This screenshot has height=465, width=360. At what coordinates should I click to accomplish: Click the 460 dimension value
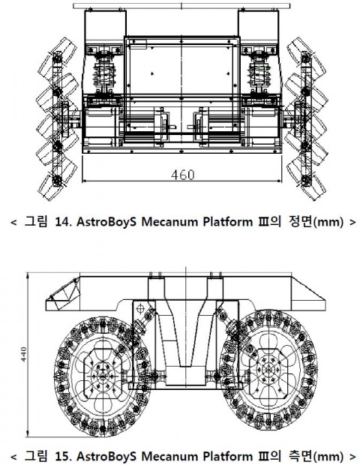183,175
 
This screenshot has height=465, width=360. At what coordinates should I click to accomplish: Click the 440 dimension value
23,354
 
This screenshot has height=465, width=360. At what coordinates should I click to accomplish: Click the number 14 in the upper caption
61,221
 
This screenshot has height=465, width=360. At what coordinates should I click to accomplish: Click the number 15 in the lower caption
61,456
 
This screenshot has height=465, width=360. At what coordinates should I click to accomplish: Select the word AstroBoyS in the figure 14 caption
106,221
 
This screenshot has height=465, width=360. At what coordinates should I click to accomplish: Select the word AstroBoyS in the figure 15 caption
106,456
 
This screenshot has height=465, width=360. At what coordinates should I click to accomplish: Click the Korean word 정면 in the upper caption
301,221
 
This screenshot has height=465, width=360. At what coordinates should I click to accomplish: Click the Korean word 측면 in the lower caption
301,456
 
